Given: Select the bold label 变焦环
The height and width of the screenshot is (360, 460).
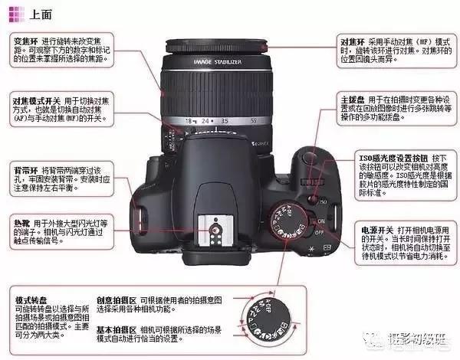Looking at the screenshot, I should (x=27, y=39).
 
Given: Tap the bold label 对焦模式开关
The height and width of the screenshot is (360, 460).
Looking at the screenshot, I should (x=37, y=101).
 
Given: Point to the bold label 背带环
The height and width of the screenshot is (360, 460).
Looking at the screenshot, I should (x=27, y=168).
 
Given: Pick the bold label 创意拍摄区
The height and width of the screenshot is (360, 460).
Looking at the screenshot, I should (x=113, y=301).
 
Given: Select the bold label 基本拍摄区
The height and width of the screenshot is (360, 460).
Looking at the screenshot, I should (x=113, y=330).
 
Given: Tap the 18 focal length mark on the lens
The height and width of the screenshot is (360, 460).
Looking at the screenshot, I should (x=189, y=121).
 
